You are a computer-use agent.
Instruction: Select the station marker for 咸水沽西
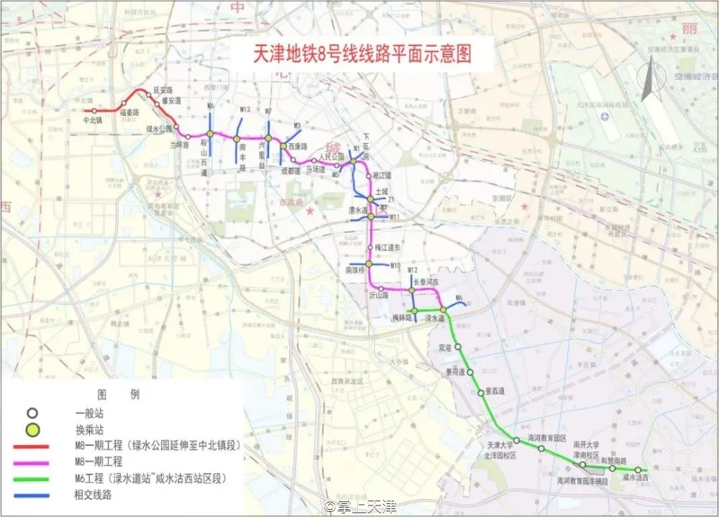(638, 470)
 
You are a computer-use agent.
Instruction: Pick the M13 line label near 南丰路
(244, 109)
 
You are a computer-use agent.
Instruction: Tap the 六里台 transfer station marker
(268, 139)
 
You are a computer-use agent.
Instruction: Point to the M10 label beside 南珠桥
(395, 266)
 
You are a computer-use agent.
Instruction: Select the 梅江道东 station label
(388, 247)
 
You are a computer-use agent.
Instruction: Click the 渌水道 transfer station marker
(444, 310)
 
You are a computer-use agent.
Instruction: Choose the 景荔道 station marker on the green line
(480, 392)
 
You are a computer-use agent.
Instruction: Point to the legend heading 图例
(119, 395)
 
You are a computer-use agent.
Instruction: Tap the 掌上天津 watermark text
(362, 507)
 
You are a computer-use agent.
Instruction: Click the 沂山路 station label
(378, 296)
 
